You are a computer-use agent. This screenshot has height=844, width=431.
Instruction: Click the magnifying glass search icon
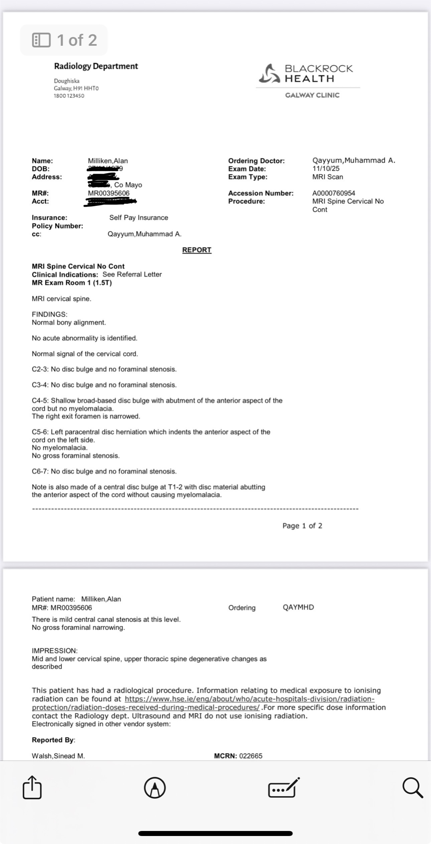pyautogui.click(x=412, y=788)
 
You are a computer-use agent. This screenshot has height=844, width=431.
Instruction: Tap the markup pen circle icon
pyautogui.click(x=155, y=788)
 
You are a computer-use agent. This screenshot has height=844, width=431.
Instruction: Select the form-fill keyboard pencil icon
pyautogui.click(x=284, y=788)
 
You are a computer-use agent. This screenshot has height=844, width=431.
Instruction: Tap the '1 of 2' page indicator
pyautogui.click(x=64, y=40)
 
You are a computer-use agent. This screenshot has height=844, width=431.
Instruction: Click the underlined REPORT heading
pyautogui.click(x=196, y=250)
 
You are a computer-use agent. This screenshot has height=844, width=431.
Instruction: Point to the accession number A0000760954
pyautogui.click(x=333, y=193)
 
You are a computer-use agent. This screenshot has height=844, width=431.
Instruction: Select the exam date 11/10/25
pyautogui.click(x=325, y=169)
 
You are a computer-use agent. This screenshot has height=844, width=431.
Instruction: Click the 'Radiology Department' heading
pyautogui.click(x=96, y=66)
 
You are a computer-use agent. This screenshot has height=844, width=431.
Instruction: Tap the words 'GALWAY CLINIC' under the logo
pyautogui.click(x=312, y=95)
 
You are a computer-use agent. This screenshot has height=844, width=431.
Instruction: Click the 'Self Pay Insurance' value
pyautogui.click(x=139, y=218)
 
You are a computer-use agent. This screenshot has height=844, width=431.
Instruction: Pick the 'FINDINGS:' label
pyautogui.click(x=49, y=314)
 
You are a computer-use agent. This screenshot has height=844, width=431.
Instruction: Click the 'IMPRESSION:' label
pyautogui.click(x=54, y=651)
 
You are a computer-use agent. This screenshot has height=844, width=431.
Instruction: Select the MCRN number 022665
pyautogui.click(x=251, y=756)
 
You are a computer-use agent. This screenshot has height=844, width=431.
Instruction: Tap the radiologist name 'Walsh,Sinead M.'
pyautogui.click(x=58, y=756)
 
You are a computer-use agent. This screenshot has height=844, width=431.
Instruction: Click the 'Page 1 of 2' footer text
pyautogui.click(x=302, y=526)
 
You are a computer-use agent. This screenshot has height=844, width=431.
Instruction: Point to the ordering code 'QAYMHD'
pyautogui.click(x=298, y=607)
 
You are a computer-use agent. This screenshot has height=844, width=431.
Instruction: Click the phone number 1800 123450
pyautogui.click(x=69, y=96)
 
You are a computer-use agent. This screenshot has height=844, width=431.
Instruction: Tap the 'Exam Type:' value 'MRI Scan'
pyautogui.click(x=327, y=177)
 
